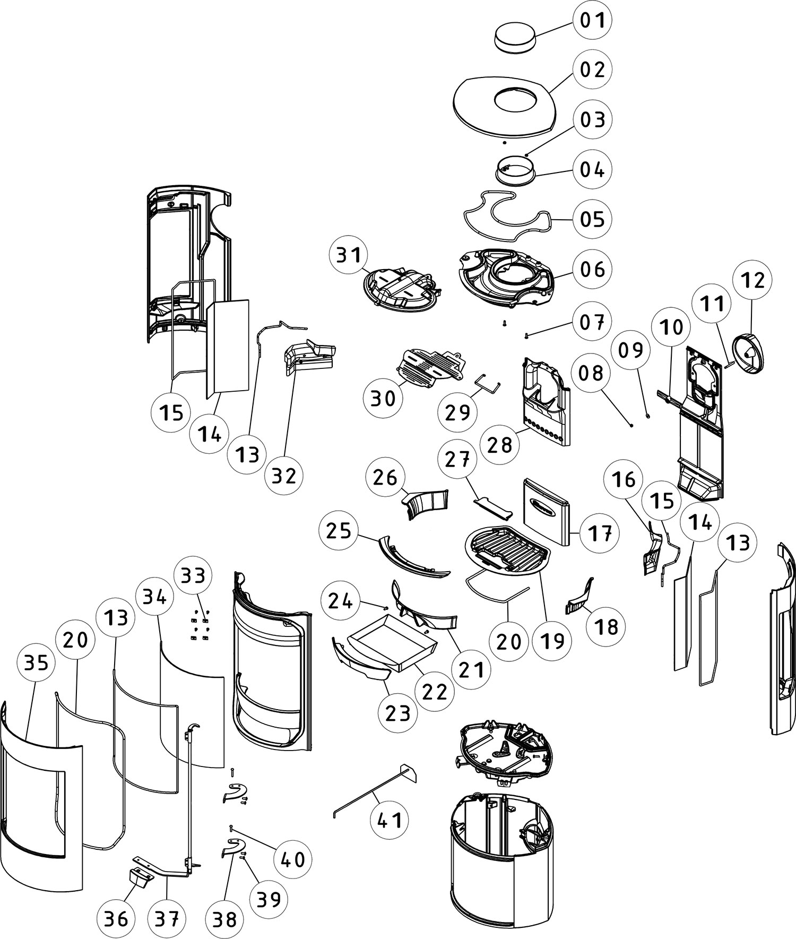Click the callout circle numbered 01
coord(592,21)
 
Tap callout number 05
coord(592,219)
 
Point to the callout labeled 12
coord(752,280)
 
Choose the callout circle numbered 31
coord(349,255)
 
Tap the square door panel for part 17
coord(547,509)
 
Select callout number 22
coord(435,691)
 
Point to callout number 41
coord(389,820)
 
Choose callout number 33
coord(193,575)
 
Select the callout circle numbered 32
coord(283,476)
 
